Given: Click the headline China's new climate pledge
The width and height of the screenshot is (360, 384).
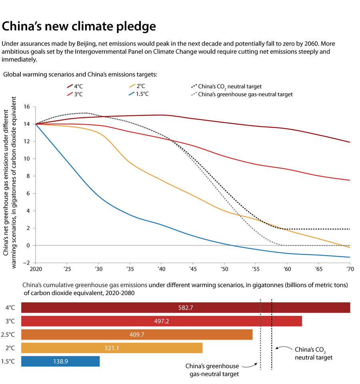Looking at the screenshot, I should click(79, 26).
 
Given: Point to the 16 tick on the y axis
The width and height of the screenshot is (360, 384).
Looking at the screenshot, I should click(28, 107).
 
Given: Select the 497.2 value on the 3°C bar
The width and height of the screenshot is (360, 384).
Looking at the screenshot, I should click(162, 321).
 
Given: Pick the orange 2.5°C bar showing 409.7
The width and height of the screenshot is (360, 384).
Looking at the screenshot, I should click(137, 335).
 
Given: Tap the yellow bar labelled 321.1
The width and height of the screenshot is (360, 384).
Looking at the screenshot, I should click(112, 348).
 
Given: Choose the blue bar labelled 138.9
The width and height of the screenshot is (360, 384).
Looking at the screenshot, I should click(60, 361).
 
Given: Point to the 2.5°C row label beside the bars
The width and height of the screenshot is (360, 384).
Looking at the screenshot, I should click(10, 335).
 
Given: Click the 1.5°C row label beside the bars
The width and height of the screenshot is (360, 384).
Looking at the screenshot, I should click(10, 361).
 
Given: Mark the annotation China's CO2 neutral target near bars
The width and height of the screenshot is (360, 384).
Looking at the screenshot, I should click(313, 353).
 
